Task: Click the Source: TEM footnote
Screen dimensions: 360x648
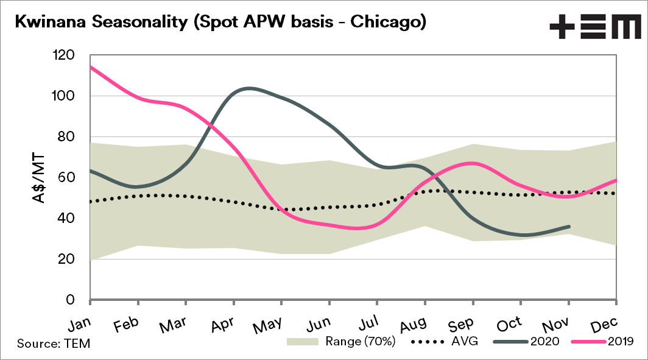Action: click(x=54, y=344)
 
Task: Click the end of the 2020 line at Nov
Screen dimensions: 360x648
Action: click(x=569, y=227)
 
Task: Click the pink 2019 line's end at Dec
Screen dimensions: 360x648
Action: click(x=616, y=180)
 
